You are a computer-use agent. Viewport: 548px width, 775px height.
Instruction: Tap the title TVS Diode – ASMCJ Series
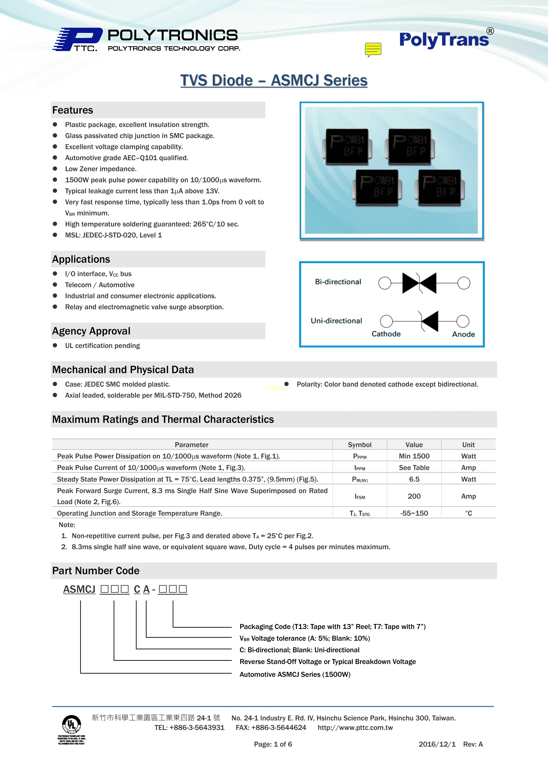(274, 80)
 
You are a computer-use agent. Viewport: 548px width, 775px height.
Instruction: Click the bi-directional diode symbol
(419, 283)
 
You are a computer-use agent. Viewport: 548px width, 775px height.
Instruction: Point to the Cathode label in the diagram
(386, 334)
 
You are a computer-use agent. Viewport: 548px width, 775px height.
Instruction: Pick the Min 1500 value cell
(414, 456)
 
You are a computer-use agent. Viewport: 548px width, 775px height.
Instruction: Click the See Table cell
(414, 467)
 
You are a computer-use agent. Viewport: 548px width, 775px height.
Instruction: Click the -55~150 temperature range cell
(414, 513)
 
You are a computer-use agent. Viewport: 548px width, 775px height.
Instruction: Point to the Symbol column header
(359, 444)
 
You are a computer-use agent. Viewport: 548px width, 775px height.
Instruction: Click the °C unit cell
(468, 513)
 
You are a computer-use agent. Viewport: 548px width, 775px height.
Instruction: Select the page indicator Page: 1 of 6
(273, 744)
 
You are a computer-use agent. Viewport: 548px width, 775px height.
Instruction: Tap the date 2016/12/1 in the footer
(437, 744)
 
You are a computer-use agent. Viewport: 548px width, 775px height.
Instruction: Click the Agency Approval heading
(91, 331)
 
